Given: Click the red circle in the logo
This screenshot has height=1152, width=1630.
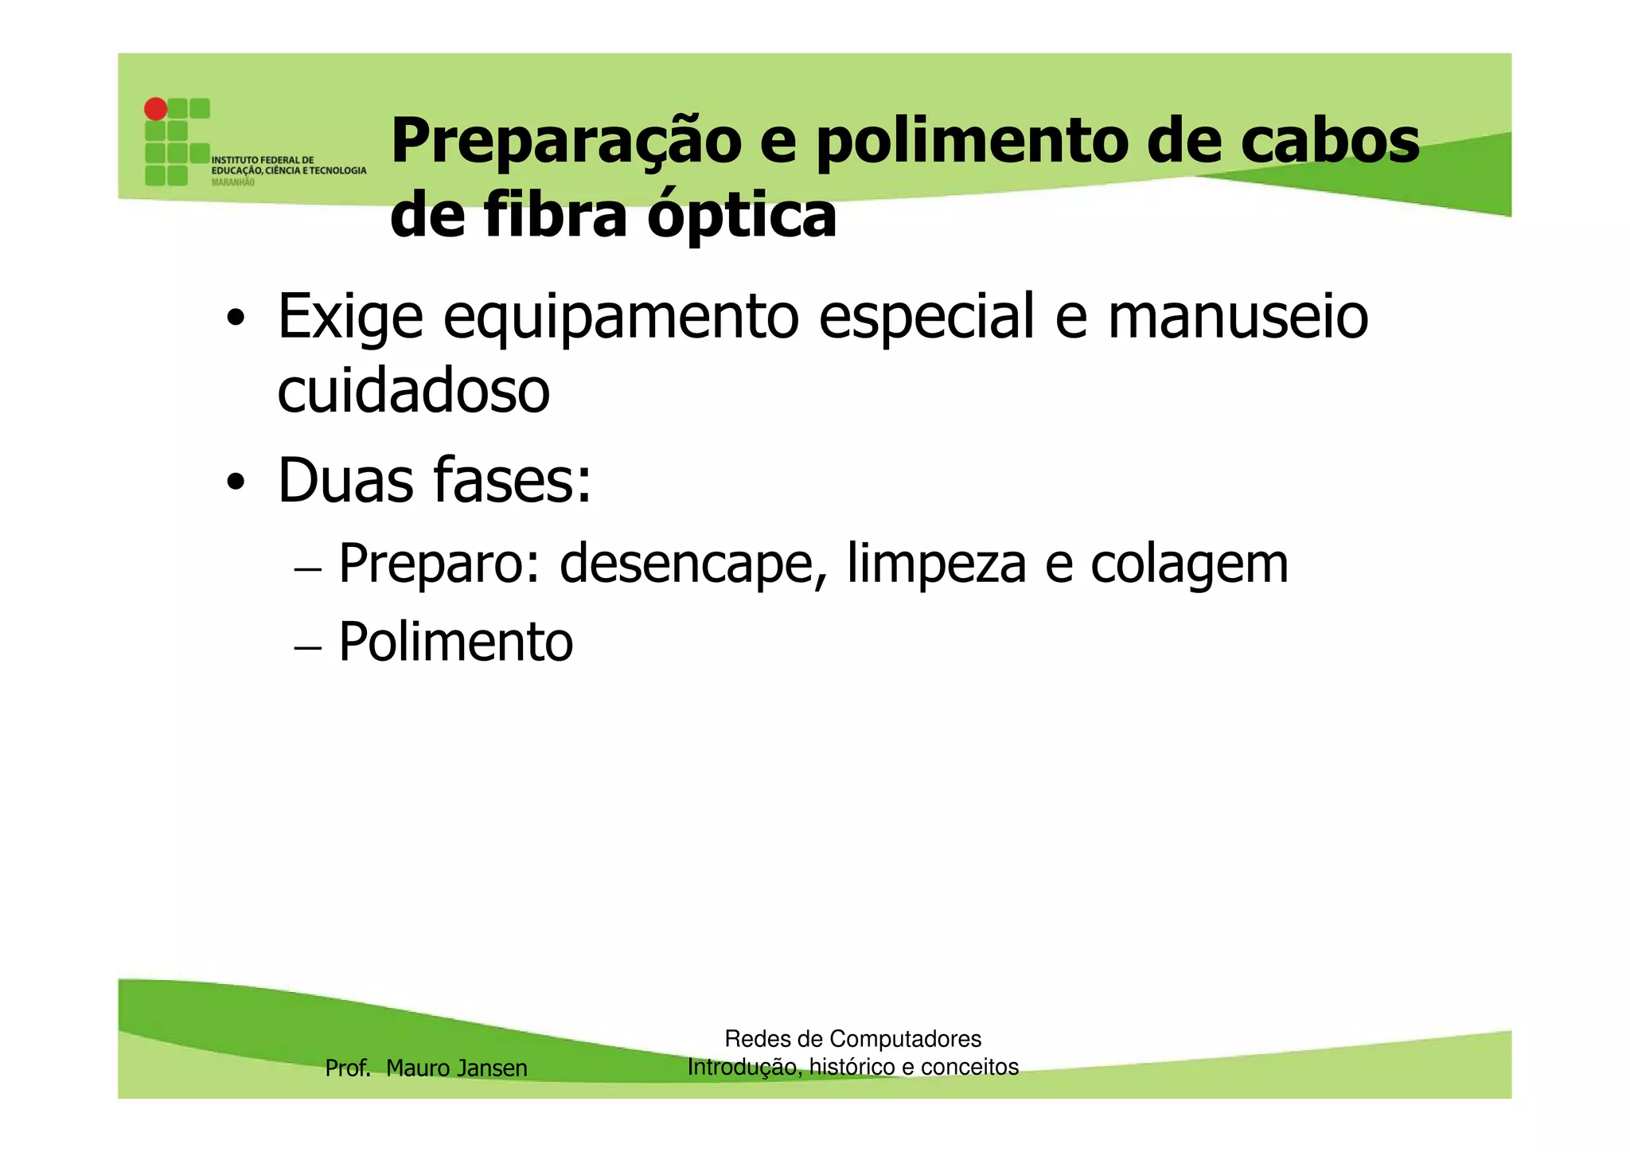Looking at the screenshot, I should [155, 109].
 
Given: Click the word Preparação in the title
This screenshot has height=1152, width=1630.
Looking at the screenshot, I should [566, 141].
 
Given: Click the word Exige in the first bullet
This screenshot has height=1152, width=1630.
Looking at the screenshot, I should [349, 317].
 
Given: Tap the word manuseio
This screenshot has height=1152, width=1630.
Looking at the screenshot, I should [1238, 317].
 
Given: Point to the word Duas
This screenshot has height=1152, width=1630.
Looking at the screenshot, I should [345, 480].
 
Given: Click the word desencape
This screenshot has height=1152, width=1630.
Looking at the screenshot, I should [692, 564].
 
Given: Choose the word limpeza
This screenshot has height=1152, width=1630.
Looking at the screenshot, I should [936, 564].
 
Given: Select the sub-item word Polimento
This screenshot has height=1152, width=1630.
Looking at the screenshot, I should [455, 642].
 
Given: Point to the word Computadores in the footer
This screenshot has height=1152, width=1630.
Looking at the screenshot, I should [905, 1039].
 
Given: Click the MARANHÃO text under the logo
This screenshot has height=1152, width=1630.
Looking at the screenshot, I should [232, 182].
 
